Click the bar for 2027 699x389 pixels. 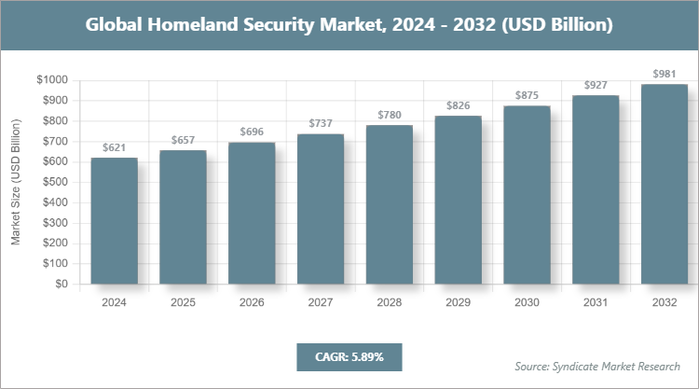point(321,209)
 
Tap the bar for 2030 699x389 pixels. point(527,195)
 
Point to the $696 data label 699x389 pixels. point(252,132)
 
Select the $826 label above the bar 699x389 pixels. point(459,104)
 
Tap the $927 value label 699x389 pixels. point(596,84)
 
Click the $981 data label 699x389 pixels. point(665,73)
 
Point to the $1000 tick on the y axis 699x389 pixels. point(52,80)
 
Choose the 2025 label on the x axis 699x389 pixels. point(183,303)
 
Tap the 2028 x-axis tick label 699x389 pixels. point(390,303)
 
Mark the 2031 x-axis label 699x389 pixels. point(596,303)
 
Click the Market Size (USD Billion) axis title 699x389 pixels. point(16,183)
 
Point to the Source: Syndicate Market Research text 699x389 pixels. point(597,366)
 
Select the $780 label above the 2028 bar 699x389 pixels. point(390,114)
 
